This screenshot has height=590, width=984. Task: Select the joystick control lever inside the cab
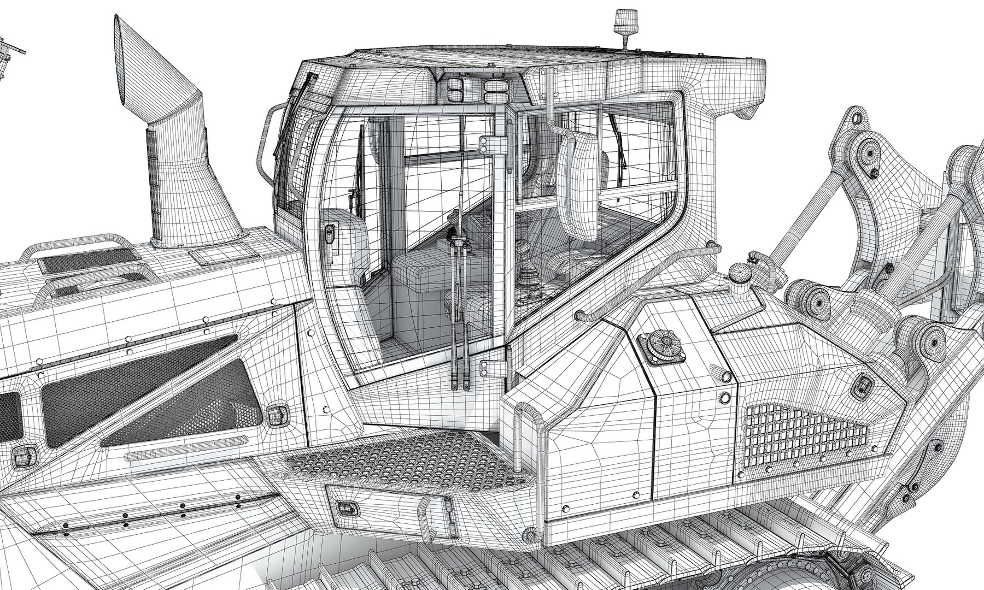(527, 270)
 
